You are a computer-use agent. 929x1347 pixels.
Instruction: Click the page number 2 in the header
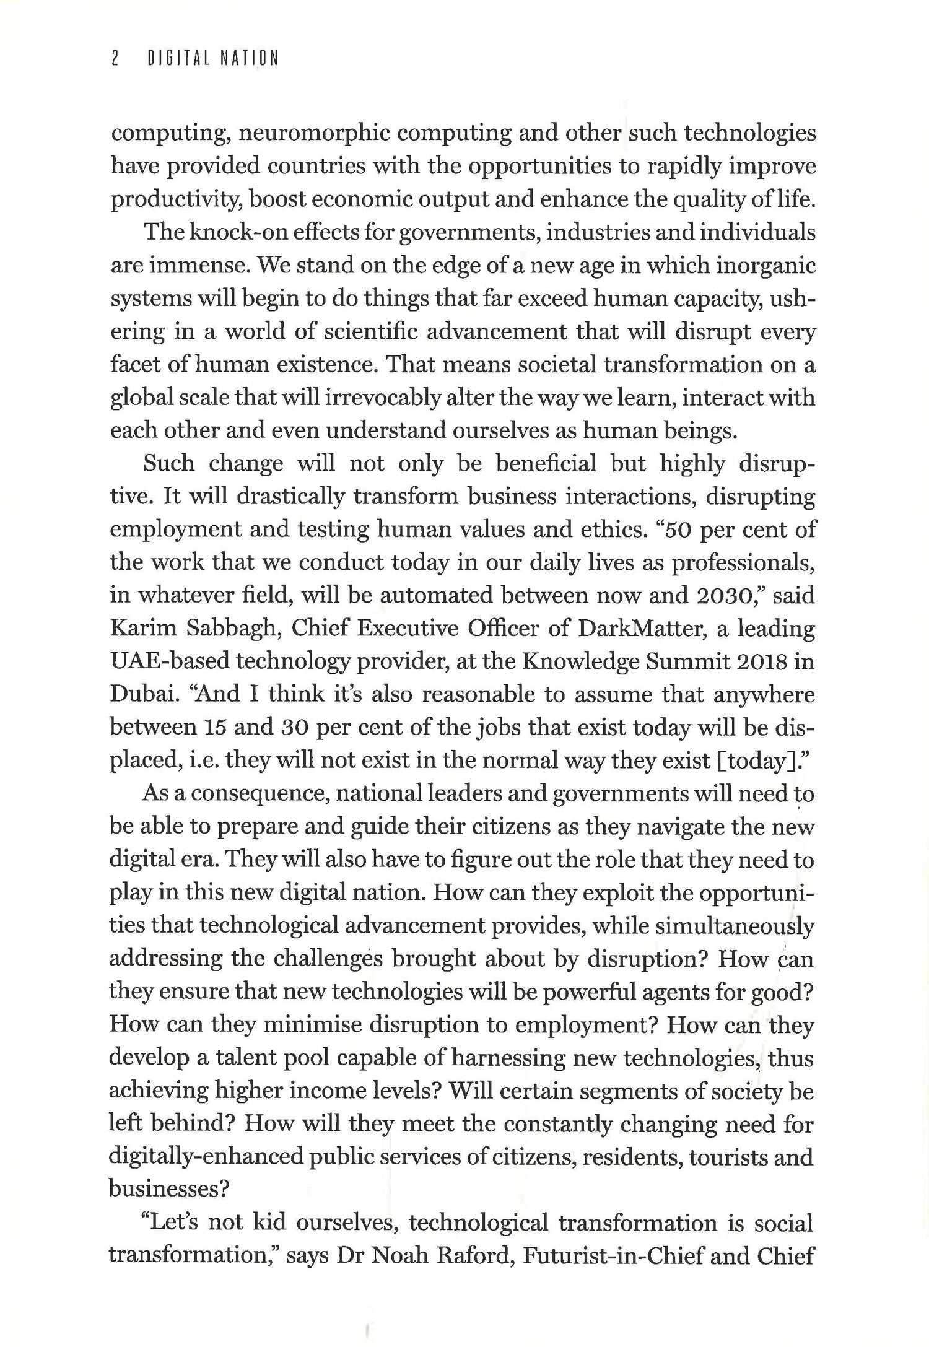(115, 59)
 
